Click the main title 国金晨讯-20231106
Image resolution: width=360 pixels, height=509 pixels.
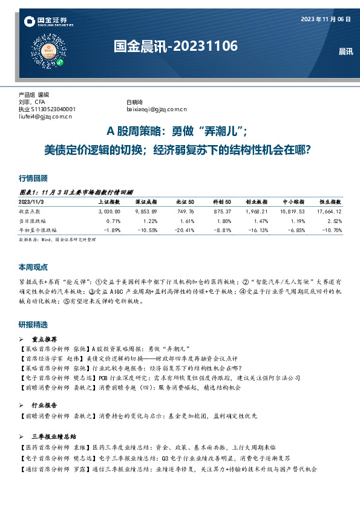pos(176,46)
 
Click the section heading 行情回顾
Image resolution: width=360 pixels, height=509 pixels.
pos(33,178)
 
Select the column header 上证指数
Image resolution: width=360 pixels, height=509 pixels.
pos(110,201)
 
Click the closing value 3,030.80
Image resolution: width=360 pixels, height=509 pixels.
pos(110,211)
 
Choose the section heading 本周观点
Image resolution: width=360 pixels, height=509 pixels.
pos(33,267)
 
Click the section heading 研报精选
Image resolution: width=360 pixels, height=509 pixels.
pos(33,325)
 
